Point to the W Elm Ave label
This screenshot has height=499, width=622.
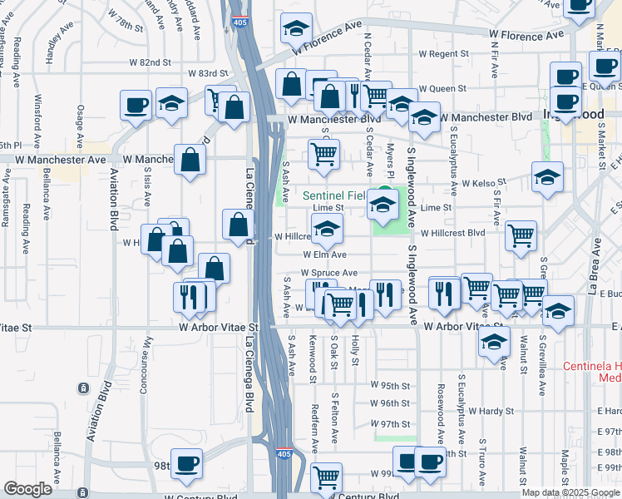pos(324,254)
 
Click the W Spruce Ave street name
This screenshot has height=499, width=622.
pos(329,273)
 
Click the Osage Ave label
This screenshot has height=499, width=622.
pos(81,122)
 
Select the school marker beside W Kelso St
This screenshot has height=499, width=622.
pos(548,177)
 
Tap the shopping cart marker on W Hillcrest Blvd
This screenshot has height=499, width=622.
pos(521,235)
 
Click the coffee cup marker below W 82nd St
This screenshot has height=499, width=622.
pos(136,106)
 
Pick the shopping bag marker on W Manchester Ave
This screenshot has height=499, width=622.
pos(190,160)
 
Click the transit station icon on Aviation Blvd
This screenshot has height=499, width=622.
pos(83,388)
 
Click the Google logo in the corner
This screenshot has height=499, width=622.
pos(27,489)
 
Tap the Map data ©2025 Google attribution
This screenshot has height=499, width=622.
pos(570,492)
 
